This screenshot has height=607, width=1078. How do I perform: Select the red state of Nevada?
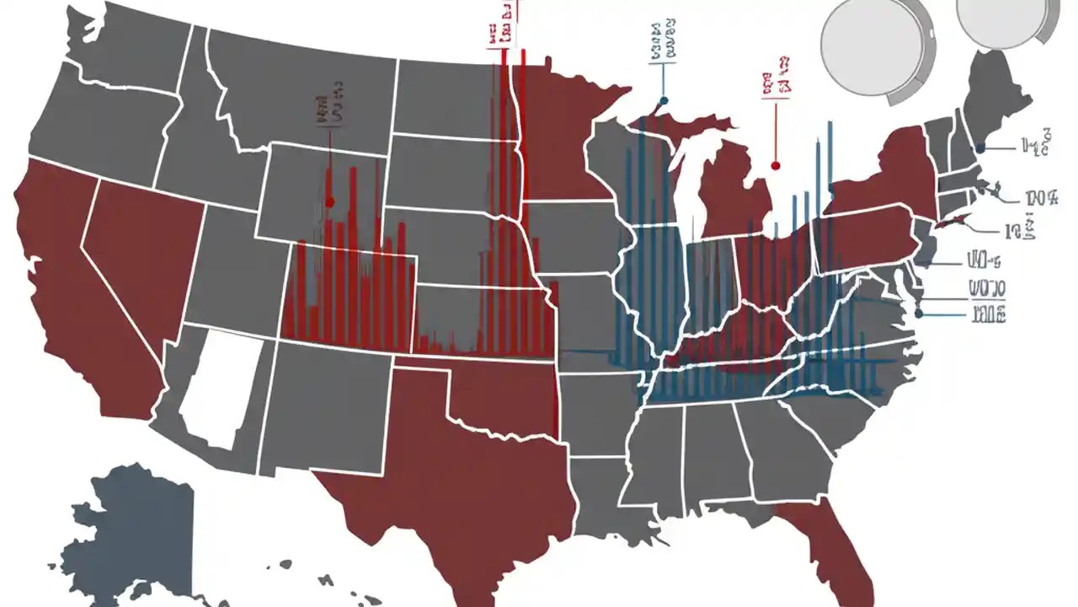click(x=139, y=253)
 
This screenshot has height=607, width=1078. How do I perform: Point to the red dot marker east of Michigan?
click(x=775, y=166)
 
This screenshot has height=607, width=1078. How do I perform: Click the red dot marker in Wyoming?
click(x=330, y=201)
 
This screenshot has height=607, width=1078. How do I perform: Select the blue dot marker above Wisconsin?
click(x=664, y=100)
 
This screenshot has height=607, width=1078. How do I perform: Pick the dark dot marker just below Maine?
click(x=980, y=148)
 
